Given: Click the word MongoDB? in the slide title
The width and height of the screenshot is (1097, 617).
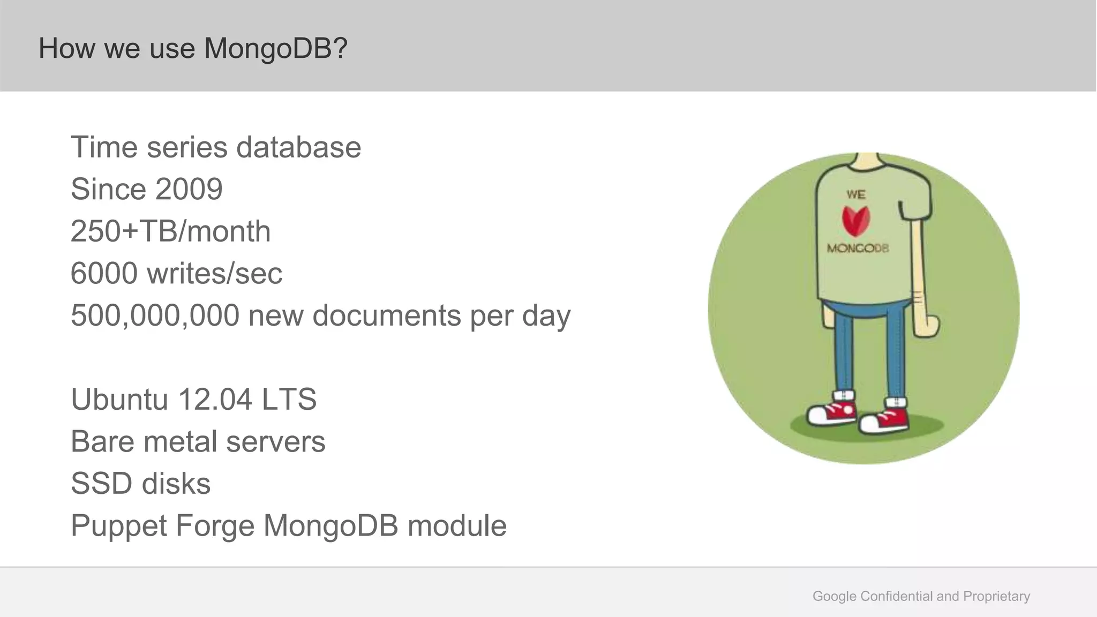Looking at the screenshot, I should click(276, 48).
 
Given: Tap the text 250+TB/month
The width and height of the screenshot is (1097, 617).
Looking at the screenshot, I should click(170, 231).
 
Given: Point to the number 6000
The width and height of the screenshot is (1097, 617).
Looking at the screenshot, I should click(104, 273).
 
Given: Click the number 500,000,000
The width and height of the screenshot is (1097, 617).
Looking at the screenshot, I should click(155, 315).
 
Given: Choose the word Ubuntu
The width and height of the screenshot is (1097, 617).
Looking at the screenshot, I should click(119, 399).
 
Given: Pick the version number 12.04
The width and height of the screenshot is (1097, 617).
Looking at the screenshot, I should click(215, 399).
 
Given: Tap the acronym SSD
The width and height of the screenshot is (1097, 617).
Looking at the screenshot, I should click(102, 483).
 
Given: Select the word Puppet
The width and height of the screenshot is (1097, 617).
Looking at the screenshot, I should click(119, 525).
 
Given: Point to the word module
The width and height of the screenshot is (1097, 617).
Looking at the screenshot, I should click(457, 525).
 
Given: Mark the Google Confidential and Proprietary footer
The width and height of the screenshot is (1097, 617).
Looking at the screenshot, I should click(921, 596).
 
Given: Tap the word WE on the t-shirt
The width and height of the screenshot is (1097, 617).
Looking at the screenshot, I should click(856, 194).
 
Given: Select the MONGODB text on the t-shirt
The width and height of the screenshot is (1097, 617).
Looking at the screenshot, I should click(858, 248).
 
